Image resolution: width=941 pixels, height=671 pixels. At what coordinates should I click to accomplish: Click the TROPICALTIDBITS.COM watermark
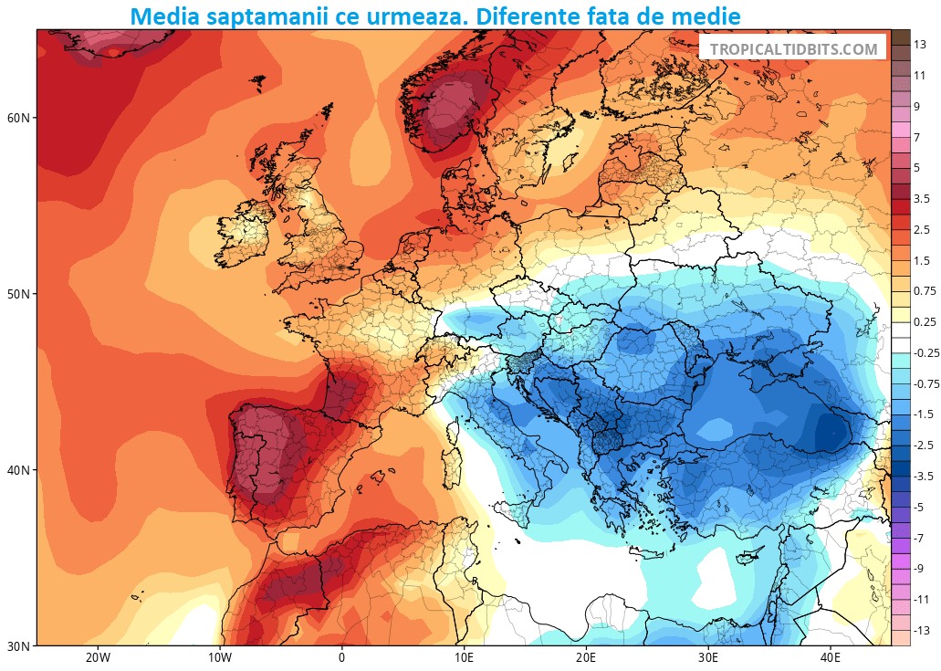(792, 49)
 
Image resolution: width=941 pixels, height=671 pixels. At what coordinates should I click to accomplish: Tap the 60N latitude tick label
(18, 119)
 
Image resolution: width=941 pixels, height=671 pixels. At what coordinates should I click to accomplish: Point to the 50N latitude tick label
(18, 294)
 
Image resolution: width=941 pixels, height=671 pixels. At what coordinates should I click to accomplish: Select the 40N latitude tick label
(18, 470)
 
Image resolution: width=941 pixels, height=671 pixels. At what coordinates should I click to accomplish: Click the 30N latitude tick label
(18, 646)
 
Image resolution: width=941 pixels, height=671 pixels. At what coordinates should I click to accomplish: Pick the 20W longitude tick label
(97, 658)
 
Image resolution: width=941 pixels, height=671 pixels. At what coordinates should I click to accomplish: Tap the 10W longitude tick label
(219, 658)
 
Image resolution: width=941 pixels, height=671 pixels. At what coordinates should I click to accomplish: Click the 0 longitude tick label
(341, 658)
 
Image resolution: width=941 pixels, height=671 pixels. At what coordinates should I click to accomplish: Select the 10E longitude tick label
(464, 658)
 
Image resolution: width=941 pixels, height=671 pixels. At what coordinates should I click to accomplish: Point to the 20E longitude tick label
(586, 658)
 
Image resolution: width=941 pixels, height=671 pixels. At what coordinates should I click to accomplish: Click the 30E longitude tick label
(708, 658)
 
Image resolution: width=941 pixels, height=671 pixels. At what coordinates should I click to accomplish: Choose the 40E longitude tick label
(831, 658)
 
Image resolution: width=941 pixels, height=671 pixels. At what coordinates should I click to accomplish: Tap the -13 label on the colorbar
(923, 631)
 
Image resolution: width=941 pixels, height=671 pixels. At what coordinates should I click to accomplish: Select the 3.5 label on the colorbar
(923, 198)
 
